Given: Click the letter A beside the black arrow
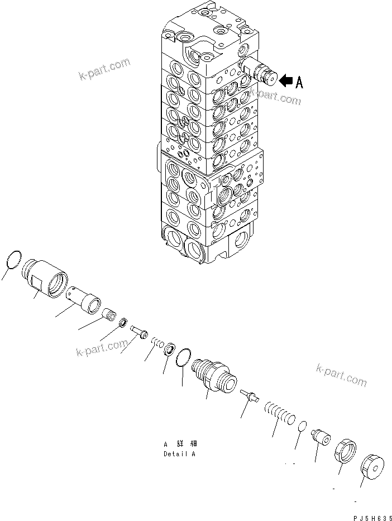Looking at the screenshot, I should click(x=299, y=82).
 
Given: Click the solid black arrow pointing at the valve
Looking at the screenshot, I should click(x=285, y=82).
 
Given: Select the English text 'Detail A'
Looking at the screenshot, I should click(x=180, y=453).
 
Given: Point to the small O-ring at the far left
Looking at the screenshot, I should click(x=14, y=259).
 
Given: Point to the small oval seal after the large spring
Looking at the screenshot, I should click(x=301, y=426).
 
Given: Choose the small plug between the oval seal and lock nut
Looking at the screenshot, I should click(x=321, y=436).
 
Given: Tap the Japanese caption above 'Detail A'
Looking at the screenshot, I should click(x=180, y=444).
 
